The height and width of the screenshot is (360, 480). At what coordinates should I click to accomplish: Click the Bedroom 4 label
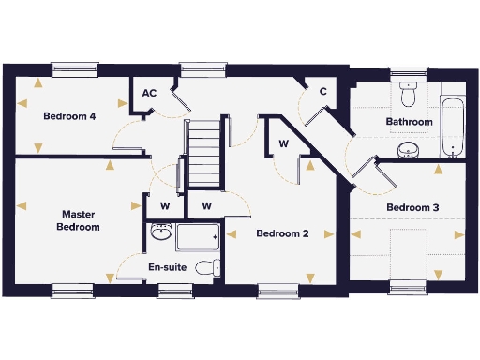pos(69,117)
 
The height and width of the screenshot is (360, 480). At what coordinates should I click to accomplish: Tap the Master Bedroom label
pos(78,220)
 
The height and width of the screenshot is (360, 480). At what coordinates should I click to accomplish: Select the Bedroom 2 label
pos(282,233)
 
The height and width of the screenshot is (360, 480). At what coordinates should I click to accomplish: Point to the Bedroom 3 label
pos(412,207)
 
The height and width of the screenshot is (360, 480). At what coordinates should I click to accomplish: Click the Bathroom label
pos(410,122)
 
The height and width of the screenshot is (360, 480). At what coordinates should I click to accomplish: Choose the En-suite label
pos(168,267)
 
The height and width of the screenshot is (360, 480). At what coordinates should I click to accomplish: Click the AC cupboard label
pos(149,93)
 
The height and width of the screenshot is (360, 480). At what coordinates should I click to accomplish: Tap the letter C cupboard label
pos(322,91)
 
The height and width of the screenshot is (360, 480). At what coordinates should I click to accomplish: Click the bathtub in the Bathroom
pos(454,127)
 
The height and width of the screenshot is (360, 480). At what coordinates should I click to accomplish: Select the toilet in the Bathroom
pos(407,96)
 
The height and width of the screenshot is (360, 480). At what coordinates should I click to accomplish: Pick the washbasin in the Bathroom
pos(408,150)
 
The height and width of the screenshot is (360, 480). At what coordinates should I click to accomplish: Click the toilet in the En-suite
pos(209,267)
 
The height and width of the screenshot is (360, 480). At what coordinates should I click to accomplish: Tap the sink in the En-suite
pos(160,233)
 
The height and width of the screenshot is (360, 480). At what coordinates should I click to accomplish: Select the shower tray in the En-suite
pos(198,238)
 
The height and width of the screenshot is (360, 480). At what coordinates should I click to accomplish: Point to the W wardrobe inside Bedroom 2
pos(282,143)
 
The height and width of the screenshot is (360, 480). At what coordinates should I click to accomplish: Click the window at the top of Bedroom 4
pos(74,68)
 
